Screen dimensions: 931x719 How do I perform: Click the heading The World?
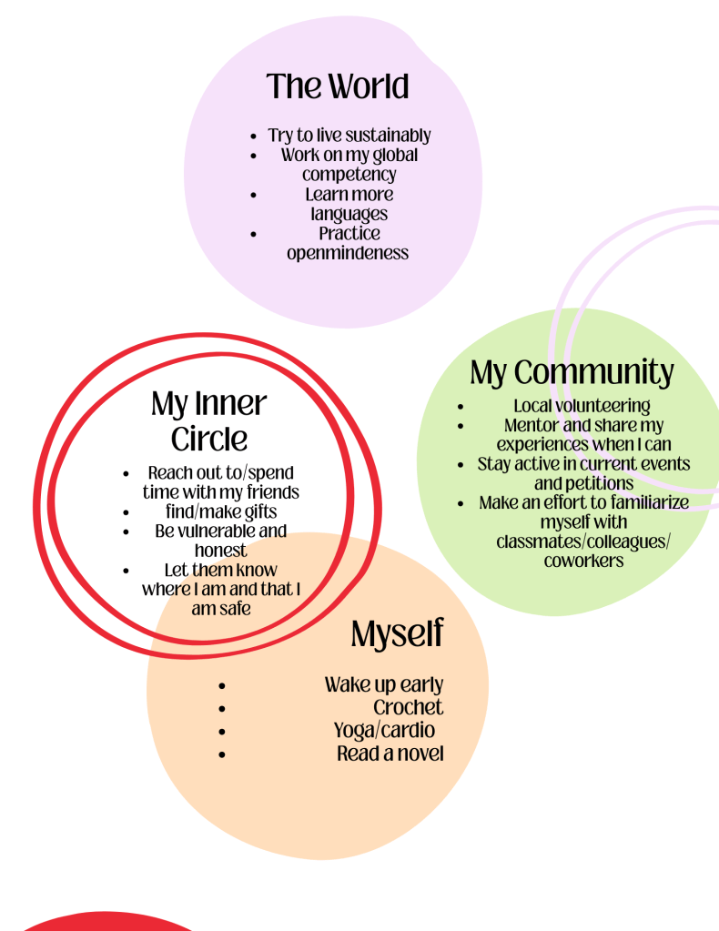[338, 87]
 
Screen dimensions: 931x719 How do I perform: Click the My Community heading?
[572, 372]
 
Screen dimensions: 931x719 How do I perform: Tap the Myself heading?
[397, 634]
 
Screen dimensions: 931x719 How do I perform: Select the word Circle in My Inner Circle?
[209, 439]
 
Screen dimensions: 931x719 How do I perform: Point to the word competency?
[349, 174]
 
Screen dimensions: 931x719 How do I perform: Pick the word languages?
[349, 214]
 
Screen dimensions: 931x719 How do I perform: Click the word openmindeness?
[348, 253]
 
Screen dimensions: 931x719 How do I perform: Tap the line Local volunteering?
[582, 406]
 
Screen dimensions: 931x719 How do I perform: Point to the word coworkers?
[583, 561]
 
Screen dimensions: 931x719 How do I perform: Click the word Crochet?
[408, 707]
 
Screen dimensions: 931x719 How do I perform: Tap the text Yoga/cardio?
[384, 730]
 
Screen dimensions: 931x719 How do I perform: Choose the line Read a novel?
[390, 754]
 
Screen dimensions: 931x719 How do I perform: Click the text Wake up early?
[383, 684]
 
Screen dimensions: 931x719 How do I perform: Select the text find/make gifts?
[221, 511]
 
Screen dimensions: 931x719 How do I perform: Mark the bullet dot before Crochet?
[222, 708]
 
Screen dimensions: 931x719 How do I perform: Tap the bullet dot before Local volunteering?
[461, 407]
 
